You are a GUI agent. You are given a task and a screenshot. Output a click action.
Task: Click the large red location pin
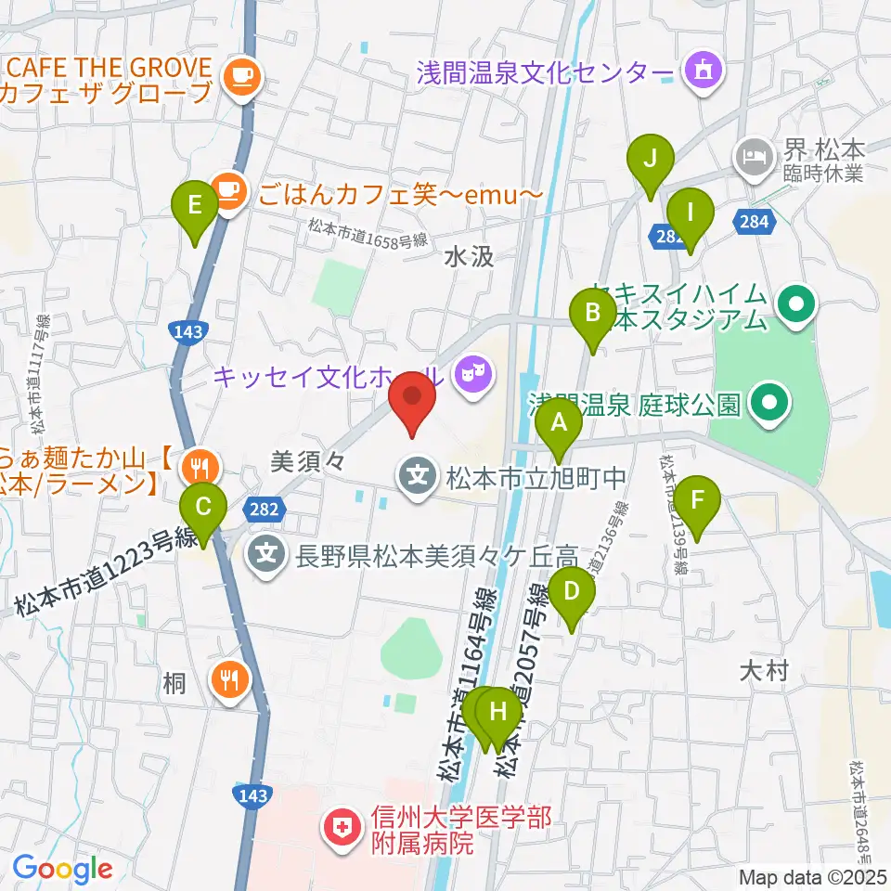pyautogui.click(x=412, y=401)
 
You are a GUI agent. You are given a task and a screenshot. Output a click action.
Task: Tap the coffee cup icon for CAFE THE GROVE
pyautogui.click(x=241, y=72)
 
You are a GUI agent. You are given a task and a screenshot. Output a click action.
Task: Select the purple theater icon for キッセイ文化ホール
pyautogui.click(x=473, y=374)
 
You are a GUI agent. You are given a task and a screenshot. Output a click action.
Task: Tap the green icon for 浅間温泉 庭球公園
pyautogui.click(x=768, y=404)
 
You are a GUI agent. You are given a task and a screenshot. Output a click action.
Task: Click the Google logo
pyautogui.click(x=62, y=868)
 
